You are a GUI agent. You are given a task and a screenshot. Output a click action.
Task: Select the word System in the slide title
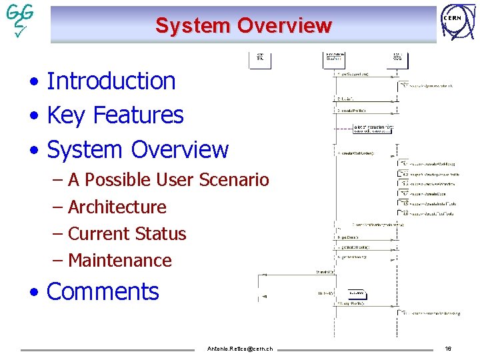click(x=193, y=26)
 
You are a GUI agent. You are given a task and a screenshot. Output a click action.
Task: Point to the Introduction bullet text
click(x=111, y=81)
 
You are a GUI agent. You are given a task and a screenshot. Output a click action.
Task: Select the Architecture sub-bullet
click(x=117, y=207)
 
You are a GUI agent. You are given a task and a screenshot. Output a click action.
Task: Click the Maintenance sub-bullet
click(x=119, y=261)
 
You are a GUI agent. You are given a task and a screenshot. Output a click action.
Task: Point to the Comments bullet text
click(x=103, y=292)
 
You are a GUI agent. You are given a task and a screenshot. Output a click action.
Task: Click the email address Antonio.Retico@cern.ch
click(x=240, y=349)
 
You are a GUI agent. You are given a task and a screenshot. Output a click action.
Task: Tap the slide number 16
click(x=448, y=349)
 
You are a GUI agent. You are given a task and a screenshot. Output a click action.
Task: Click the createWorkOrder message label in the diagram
click(x=359, y=153)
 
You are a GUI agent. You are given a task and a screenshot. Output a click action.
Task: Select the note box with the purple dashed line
click(x=365, y=129)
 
